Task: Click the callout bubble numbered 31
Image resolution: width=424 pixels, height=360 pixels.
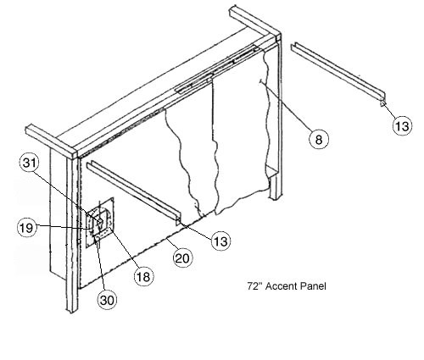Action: [x=30, y=163]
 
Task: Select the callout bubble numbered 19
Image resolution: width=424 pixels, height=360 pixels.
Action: [x=27, y=227]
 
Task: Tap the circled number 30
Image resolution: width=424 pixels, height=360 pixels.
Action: [x=107, y=300]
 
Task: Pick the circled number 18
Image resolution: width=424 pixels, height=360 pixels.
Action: [x=143, y=276]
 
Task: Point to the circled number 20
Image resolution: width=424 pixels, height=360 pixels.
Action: [x=182, y=258]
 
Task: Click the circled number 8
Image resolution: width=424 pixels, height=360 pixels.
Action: [x=319, y=139]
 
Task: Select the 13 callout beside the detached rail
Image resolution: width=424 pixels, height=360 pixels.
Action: [x=402, y=125]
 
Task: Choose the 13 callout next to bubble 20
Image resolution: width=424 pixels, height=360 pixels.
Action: [x=221, y=241]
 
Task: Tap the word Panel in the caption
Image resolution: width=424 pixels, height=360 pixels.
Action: [x=313, y=286]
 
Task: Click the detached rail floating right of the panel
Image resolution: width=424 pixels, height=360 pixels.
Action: [x=338, y=74]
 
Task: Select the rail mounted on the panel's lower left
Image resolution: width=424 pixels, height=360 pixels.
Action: [x=134, y=192]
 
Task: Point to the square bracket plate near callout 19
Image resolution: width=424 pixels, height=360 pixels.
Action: [x=100, y=223]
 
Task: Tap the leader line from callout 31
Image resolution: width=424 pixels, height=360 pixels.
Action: [x=66, y=195]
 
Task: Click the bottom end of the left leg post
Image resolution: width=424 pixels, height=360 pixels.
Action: [x=72, y=311]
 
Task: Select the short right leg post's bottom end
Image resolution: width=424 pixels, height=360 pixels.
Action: [x=275, y=198]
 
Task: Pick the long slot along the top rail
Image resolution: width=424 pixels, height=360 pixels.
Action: [x=216, y=69]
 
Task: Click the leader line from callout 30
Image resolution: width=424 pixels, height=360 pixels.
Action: [x=101, y=264]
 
